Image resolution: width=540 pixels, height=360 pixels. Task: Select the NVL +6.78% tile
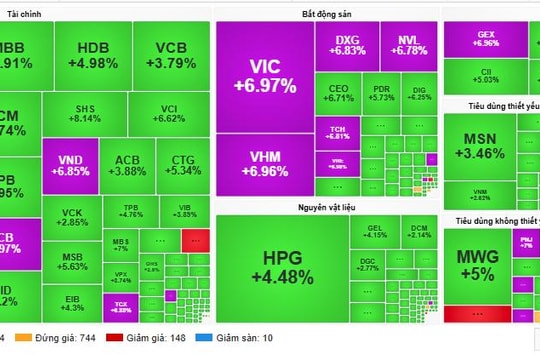pos(408,45)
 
